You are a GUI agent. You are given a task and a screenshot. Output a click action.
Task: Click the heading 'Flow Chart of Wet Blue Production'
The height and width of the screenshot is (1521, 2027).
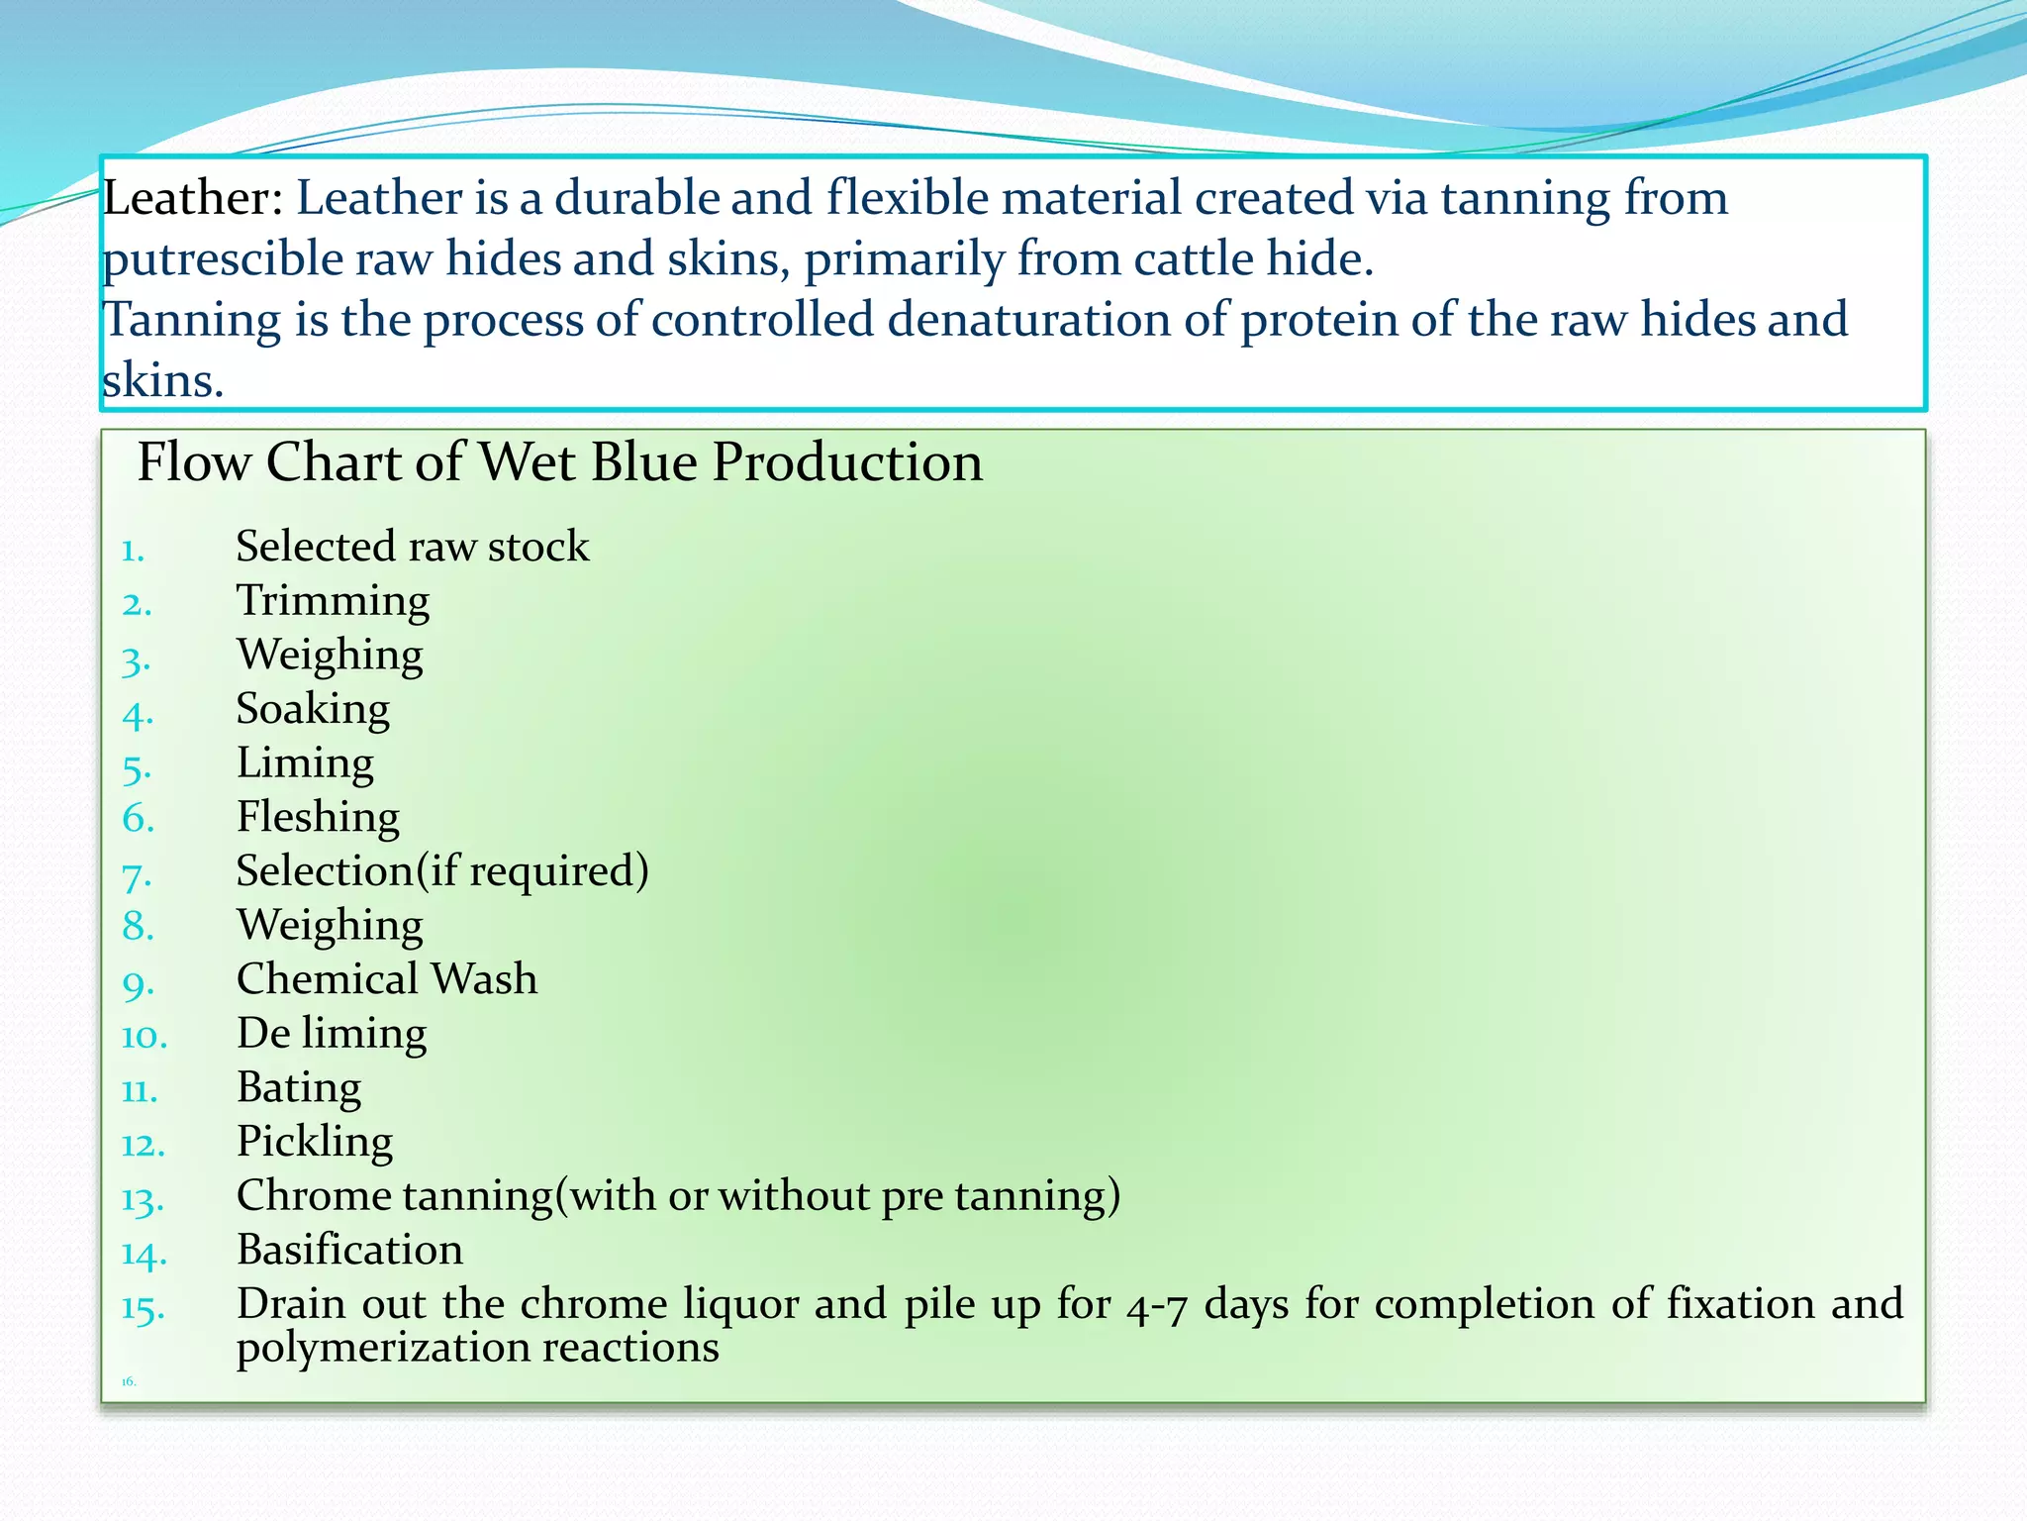[559, 462]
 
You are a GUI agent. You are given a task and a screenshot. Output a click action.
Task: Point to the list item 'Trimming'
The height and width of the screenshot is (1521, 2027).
[333, 601]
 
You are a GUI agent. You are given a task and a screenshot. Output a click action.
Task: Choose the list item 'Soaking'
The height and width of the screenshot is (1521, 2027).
[313, 709]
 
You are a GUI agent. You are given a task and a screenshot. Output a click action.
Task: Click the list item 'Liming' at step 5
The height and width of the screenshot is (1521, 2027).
[305, 763]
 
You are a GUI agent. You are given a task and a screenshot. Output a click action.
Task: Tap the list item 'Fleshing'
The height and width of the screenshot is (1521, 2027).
[318, 818]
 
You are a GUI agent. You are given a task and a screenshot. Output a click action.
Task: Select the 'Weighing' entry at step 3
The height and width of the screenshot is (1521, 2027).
[330, 656]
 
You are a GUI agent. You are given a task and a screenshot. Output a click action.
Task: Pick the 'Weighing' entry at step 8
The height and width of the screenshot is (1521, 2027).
[330, 926]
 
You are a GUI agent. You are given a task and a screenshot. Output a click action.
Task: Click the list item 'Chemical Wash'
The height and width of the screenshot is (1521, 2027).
[387, 979]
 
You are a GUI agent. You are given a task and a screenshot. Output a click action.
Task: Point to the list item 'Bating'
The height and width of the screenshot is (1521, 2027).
[299, 1087]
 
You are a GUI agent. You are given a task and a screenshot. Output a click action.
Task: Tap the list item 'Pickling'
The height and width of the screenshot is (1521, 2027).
[315, 1142]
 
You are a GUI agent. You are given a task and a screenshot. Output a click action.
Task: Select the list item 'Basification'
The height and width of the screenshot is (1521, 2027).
[349, 1250]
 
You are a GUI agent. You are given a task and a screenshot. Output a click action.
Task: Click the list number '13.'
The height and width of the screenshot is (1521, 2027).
[143, 1200]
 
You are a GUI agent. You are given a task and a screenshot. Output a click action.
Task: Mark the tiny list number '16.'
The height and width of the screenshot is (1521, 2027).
[129, 1381]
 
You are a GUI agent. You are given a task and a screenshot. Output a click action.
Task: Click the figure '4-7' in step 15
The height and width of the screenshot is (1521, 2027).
[1156, 1305]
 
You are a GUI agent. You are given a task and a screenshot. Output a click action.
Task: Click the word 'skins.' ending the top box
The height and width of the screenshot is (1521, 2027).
[163, 381]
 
